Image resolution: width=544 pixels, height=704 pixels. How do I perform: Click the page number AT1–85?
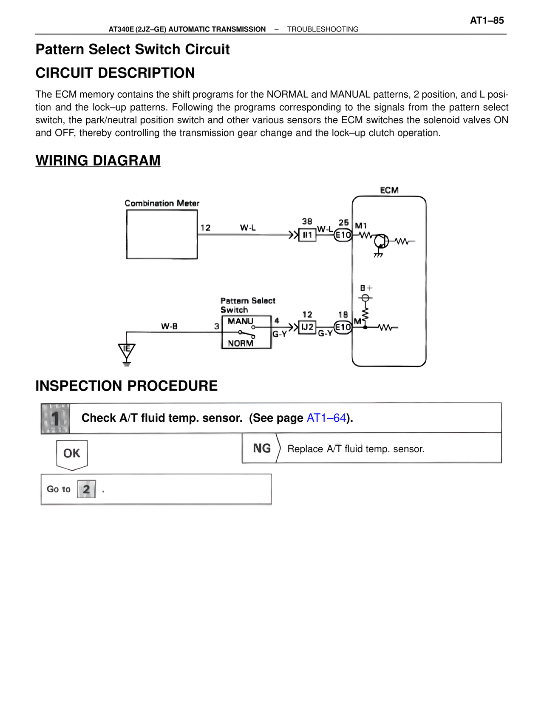click(x=487, y=20)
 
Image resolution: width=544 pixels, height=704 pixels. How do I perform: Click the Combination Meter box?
click(x=161, y=234)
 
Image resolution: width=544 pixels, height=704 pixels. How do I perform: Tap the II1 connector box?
click(x=307, y=235)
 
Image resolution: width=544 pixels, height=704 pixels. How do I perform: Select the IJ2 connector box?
click(x=307, y=327)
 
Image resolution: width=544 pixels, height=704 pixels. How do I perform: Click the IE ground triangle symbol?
click(x=126, y=350)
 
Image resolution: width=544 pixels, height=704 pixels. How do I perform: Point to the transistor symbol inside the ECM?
click(x=381, y=241)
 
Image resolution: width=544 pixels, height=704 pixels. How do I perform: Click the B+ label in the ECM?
click(x=366, y=288)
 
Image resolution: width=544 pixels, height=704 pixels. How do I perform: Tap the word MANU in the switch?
click(x=240, y=321)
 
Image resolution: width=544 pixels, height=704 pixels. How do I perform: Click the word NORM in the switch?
click(x=240, y=343)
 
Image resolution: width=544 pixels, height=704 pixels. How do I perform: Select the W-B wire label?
click(x=169, y=326)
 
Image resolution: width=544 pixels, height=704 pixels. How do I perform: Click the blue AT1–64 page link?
click(x=326, y=418)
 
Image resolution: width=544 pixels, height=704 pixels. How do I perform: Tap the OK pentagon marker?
click(x=72, y=454)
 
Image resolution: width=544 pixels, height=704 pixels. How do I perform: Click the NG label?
click(x=262, y=449)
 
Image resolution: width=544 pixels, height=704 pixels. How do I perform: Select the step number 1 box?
click(x=55, y=418)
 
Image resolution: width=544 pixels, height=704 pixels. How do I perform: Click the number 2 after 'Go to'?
click(x=86, y=489)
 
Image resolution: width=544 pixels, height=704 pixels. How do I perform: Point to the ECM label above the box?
click(x=389, y=190)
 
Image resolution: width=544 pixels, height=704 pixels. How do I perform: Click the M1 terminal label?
click(x=360, y=226)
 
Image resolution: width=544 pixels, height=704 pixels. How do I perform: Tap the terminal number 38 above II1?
click(x=307, y=221)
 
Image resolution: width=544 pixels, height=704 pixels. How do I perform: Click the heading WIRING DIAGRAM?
click(x=98, y=161)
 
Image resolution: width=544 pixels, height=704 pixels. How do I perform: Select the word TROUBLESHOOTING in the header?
click(x=323, y=29)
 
